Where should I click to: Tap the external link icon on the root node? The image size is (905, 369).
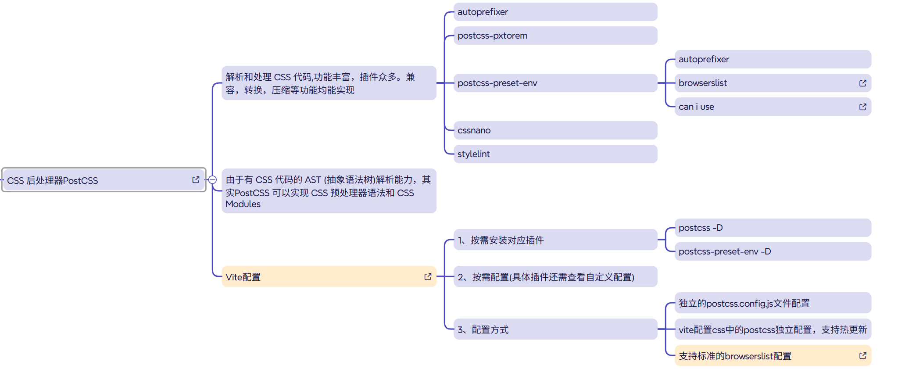pyautogui.click(x=196, y=180)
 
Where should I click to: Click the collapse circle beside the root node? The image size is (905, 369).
pyautogui.click(x=212, y=180)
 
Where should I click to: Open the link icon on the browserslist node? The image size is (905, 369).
pyautogui.click(x=862, y=83)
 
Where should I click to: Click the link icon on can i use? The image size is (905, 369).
pyautogui.click(x=862, y=107)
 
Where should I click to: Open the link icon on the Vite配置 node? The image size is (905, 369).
pyautogui.click(x=428, y=277)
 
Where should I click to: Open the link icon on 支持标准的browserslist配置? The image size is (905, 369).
pyautogui.click(x=862, y=356)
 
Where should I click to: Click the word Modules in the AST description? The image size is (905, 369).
pyautogui.click(x=243, y=204)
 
